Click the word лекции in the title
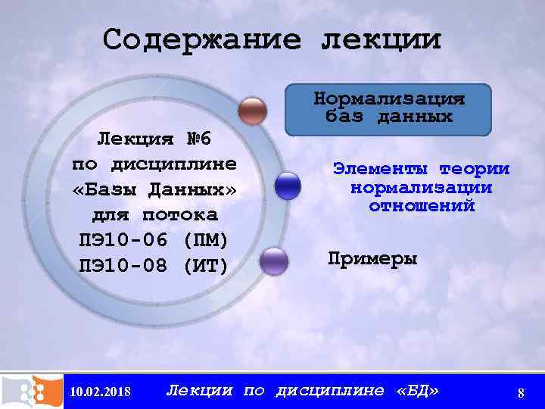tap(381, 39)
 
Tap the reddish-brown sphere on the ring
tap(252, 111)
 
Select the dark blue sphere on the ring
tap(288, 186)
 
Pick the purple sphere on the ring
tap(273, 261)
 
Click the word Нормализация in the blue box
tap(389, 99)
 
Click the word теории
tap(475, 169)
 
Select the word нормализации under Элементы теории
tap(422, 187)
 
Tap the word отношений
tap(422, 205)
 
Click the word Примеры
tap(372, 258)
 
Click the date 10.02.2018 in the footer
tap(99, 392)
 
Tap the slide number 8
tap(521, 392)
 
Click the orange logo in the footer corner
tap(32, 390)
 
